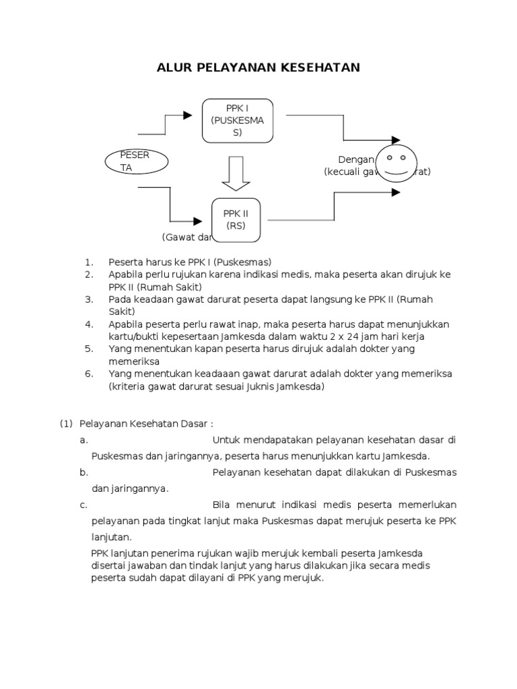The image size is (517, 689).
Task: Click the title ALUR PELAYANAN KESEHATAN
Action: [x=258, y=67]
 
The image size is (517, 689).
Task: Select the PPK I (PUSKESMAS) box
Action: [x=237, y=121]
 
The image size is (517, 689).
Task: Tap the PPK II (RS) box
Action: [x=236, y=220]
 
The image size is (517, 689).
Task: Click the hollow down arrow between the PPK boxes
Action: [x=236, y=173]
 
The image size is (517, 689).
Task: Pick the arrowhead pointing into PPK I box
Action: [x=188, y=116]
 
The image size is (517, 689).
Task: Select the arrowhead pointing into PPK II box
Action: [x=199, y=221]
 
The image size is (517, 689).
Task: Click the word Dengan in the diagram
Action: [x=355, y=159]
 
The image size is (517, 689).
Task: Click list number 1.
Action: [x=88, y=262]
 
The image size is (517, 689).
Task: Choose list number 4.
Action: [x=88, y=324]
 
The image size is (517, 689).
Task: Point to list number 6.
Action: [x=88, y=374]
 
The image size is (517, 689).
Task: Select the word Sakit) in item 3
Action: [x=122, y=312]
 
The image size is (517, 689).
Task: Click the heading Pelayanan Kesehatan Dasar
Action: [x=146, y=424]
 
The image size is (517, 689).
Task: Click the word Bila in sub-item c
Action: [x=221, y=505]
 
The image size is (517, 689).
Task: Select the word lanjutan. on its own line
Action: [x=112, y=537]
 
